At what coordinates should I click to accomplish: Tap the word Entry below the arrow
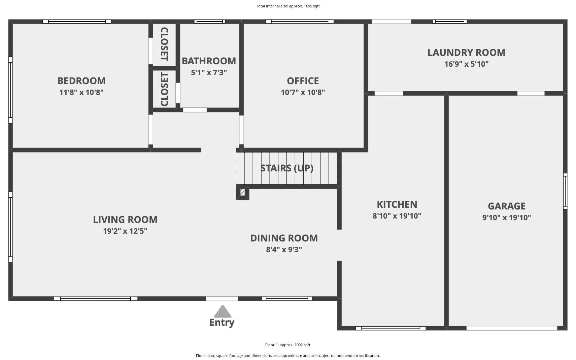click(x=222, y=323)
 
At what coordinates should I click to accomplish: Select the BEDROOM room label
click(x=81, y=81)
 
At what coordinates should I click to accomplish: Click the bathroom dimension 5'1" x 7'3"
click(x=209, y=72)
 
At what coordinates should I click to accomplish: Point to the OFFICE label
click(x=303, y=81)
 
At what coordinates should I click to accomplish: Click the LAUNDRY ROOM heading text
click(x=466, y=53)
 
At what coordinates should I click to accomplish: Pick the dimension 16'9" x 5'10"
click(x=466, y=64)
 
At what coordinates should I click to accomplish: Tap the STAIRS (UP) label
click(x=287, y=168)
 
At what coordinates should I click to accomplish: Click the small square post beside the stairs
click(x=242, y=193)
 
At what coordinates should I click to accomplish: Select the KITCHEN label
click(x=397, y=204)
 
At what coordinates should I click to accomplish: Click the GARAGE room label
click(x=506, y=206)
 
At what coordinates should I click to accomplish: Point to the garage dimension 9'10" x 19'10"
click(x=506, y=218)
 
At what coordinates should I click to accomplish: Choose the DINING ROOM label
click(x=284, y=238)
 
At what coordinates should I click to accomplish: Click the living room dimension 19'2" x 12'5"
click(x=125, y=231)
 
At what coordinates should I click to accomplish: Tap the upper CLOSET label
click(x=164, y=44)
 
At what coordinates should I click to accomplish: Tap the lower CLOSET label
click(x=164, y=89)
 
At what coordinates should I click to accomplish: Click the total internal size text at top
click(x=288, y=6)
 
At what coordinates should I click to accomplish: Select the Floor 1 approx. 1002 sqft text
click(x=288, y=345)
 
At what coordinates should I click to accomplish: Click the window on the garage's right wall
click(x=565, y=191)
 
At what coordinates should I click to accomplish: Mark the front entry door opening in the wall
click(x=222, y=299)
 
